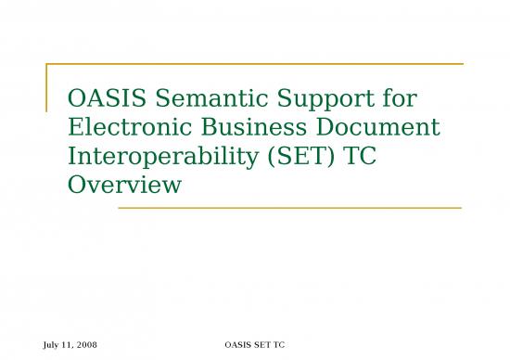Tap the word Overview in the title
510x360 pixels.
[x=124, y=186]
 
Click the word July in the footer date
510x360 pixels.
[x=52, y=346]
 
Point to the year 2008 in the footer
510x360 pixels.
[x=87, y=346]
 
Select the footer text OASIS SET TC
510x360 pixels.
[x=254, y=346]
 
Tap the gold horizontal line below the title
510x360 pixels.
[x=288, y=208]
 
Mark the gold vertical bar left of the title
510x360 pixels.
[x=46, y=88]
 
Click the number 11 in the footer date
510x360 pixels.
[x=68, y=346]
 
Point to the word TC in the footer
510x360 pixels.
[x=277, y=346]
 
